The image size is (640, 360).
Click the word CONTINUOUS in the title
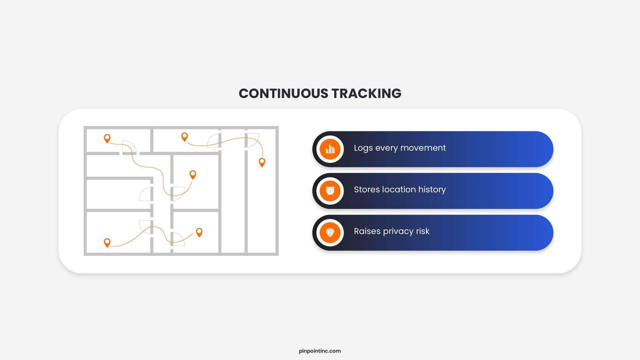pyautogui.click(x=283, y=93)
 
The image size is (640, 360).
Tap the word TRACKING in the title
pyautogui.click(x=366, y=93)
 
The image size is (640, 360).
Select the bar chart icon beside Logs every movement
pyautogui.click(x=330, y=149)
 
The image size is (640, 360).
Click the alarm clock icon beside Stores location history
pyautogui.click(x=330, y=191)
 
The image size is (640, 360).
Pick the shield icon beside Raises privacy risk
pyautogui.click(x=330, y=232)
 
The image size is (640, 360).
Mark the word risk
pyautogui.click(x=423, y=231)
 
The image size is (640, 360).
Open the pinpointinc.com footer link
pyautogui.click(x=320, y=351)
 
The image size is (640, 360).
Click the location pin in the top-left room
pyautogui.click(x=107, y=138)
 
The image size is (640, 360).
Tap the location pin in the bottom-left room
pyautogui.click(x=107, y=242)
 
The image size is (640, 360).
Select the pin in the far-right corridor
pyautogui.click(x=262, y=162)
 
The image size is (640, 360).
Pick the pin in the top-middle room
pyautogui.click(x=184, y=137)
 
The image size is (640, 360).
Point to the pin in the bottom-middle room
pyautogui.click(x=199, y=232)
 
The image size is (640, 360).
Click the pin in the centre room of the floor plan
pyautogui.click(x=193, y=175)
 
